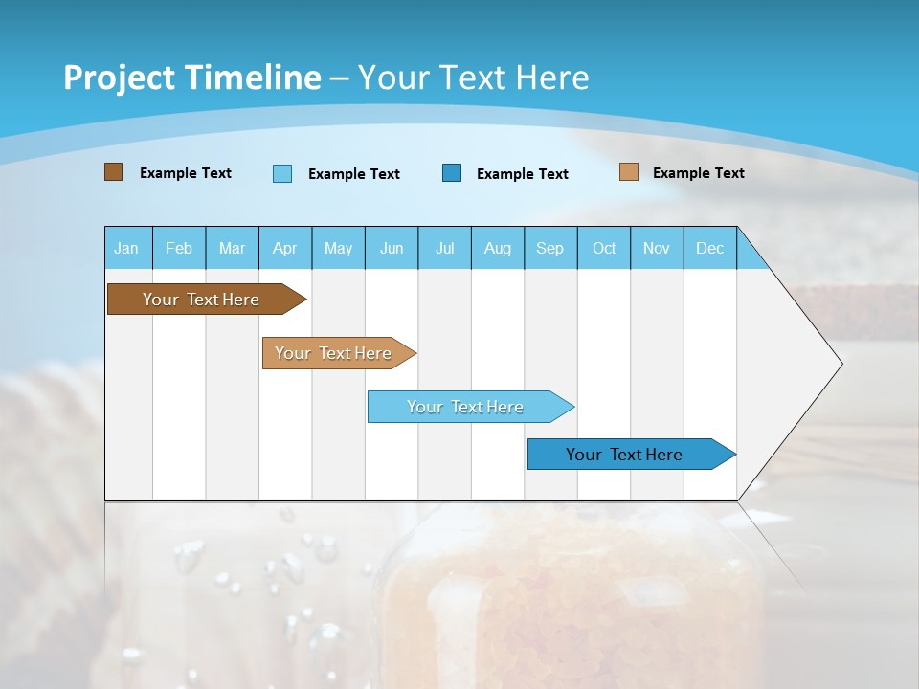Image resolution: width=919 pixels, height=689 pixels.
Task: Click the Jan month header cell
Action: click(127, 248)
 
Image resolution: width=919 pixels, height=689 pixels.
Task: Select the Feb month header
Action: click(179, 248)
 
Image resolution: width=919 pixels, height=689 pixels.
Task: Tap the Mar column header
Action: click(232, 248)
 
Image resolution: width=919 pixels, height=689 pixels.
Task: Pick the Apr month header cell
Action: click(285, 248)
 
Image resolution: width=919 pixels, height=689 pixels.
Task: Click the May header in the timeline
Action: click(338, 248)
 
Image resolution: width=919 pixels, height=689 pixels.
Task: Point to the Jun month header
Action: click(392, 248)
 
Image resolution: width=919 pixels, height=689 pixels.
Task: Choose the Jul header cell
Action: click(444, 248)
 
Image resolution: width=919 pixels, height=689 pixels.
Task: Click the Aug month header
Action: click(498, 248)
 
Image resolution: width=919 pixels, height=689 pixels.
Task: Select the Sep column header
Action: click(550, 248)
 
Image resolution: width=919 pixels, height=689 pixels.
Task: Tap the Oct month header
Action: click(604, 248)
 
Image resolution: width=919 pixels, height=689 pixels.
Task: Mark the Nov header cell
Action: click(657, 248)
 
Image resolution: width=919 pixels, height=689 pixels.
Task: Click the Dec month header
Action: click(710, 248)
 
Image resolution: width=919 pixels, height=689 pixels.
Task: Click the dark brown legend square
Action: click(114, 172)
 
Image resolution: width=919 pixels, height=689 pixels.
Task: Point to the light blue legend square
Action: click(282, 173)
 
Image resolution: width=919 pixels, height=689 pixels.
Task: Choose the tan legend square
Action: click(629, 172)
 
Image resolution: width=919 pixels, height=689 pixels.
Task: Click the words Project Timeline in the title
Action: click(192, 78)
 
